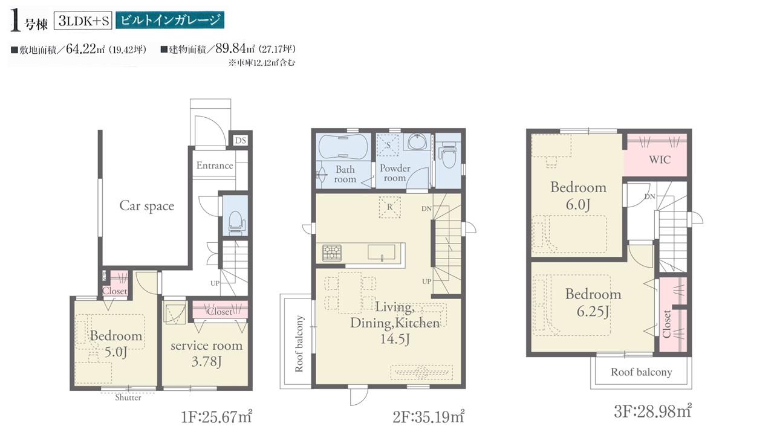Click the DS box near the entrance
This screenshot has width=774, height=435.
pyautogui.click(x=241, y=140)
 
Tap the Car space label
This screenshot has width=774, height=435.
pyautogui.click(x=147, y=206)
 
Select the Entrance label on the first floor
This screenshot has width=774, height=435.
pyautogui.click(x=215, y=166)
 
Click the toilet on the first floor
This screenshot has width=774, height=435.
pyautogui.click(x=236, y=223)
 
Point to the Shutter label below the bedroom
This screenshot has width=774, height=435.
pyautogui.click(x=128, y=398)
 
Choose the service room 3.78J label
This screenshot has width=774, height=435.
pyautogui.click(x=206, y=353)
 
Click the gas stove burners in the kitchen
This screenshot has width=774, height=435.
pyautogui.click(x=332, y=253)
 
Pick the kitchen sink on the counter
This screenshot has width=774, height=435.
pyautogui.click(x=382, y=252)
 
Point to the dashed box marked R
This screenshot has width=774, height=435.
pyautogui.click(x=390, y=207)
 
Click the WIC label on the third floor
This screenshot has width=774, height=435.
pyautogui.click(x=660, y=159)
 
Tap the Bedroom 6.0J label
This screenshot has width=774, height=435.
pyautogui.click(x=578, y=195)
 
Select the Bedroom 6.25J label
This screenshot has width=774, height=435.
pyautogui.click(x=593, y=303)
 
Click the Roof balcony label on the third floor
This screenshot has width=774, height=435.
pyautogui.click(x=642, y=372)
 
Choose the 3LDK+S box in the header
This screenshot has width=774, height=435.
pyautogui.click(x=83, y=21)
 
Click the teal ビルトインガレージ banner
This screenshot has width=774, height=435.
pyautogui.click(x=170, y=20)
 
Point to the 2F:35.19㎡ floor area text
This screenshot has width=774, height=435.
pyautogui.click(x=429, y=417)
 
